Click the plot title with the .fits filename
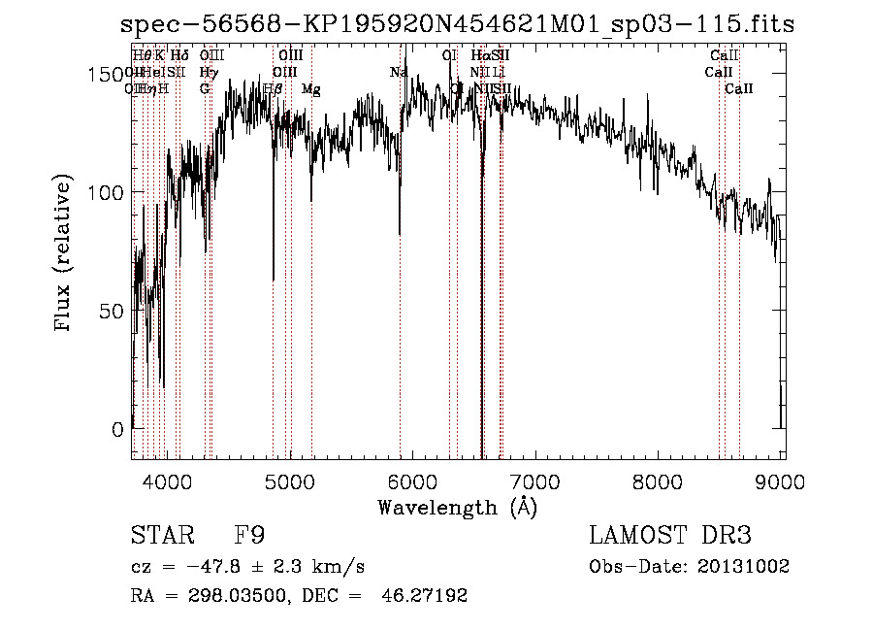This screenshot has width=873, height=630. (x=456, y=24)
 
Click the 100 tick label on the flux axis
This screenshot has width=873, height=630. (x=108, y=193)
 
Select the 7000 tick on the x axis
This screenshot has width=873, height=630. (x=536, y=481)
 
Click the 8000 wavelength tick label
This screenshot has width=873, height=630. (x=660, y=481)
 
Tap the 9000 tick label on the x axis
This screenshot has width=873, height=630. (x=783, y=481)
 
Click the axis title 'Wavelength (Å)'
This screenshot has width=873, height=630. (x=457, y=507)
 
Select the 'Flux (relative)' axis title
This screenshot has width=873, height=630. (x=64, y=255)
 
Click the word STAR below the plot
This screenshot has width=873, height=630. (x=159, y=536)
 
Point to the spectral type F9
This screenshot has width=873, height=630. (x=250, y=536)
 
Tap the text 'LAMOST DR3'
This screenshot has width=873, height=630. (x=670, y=536)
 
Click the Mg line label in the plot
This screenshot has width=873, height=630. (x=311, y=88)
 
